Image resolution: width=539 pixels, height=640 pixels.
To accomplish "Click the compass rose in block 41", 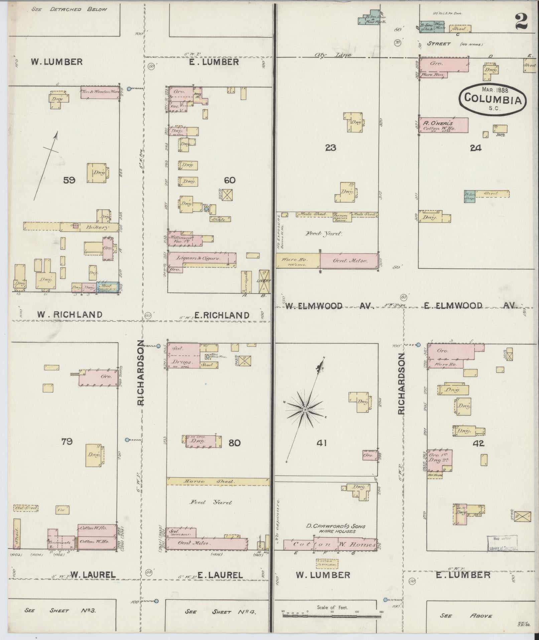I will coord(305,409).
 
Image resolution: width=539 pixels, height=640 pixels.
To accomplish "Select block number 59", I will coord(70,181).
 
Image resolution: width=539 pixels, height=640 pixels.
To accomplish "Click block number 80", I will coord(235,443).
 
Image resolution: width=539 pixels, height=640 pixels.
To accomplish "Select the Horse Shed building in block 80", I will coord(218,481).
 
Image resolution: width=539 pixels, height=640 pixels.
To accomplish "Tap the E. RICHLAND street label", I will coord(222,315).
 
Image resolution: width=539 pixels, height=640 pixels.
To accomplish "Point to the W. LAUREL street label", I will coord(93,574).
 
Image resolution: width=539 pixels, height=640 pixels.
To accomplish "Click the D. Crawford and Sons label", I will coord(336,526).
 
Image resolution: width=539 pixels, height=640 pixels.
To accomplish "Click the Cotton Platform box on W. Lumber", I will coord(327,563).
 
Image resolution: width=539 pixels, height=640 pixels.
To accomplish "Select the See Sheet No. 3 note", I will coord(60,610).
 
